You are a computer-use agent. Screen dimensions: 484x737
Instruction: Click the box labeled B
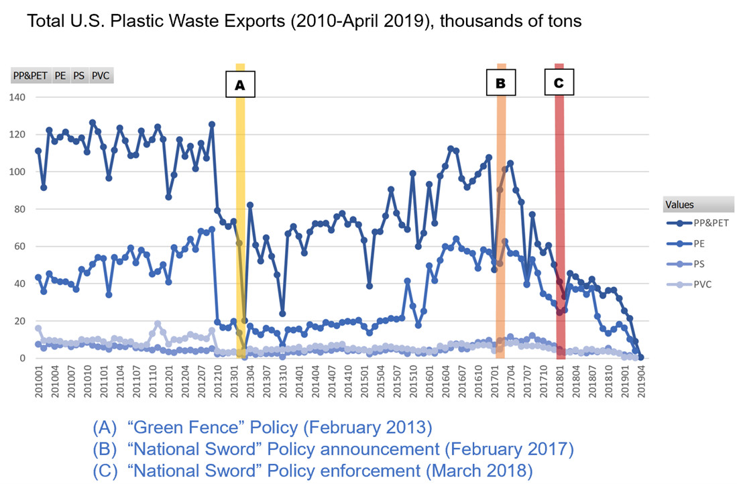point(500,84)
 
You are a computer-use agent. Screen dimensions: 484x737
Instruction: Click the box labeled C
point(559,83)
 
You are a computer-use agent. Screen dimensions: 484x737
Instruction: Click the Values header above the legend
point(680,205)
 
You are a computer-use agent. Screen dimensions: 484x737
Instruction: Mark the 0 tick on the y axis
point(25,359)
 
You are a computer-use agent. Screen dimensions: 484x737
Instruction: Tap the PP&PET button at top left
point(31,76)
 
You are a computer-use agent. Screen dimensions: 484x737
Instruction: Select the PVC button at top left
point(100,76)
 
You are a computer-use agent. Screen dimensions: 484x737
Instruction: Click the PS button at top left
point(79,76)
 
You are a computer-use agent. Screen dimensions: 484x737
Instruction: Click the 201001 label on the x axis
point(38,382)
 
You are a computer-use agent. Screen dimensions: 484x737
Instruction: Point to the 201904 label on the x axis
point(640,382)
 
